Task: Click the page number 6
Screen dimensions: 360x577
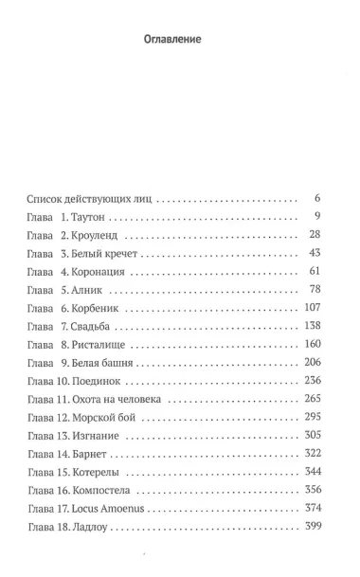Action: coord(317,200)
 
